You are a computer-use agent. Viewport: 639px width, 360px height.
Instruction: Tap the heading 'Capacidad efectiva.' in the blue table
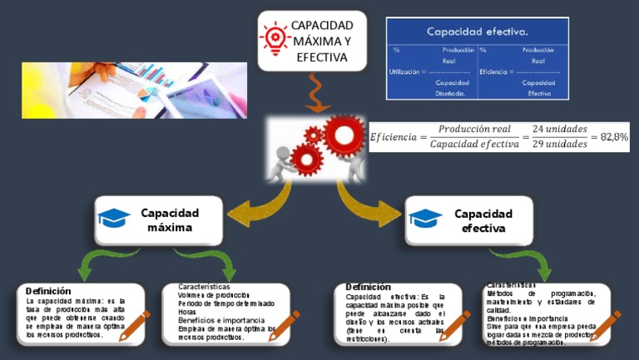click(477, 32)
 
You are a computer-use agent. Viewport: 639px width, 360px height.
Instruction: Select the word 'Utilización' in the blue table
click(405, 72)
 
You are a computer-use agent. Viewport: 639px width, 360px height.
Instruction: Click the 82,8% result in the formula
click(614, 137)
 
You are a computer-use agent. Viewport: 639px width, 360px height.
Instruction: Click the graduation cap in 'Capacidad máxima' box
click(114, 219)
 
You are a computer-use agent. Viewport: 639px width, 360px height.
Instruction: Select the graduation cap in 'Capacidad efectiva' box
click(425, 219)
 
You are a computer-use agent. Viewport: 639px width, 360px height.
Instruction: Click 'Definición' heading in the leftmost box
click(48, 291)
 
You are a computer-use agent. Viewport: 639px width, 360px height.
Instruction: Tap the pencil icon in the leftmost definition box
click(135, 325)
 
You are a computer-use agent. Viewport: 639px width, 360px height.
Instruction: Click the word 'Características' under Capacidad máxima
click(204, 287)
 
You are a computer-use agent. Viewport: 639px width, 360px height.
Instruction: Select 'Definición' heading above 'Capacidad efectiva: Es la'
click(368, 287)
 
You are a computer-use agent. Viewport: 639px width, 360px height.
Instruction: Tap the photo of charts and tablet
click(134, 91)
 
